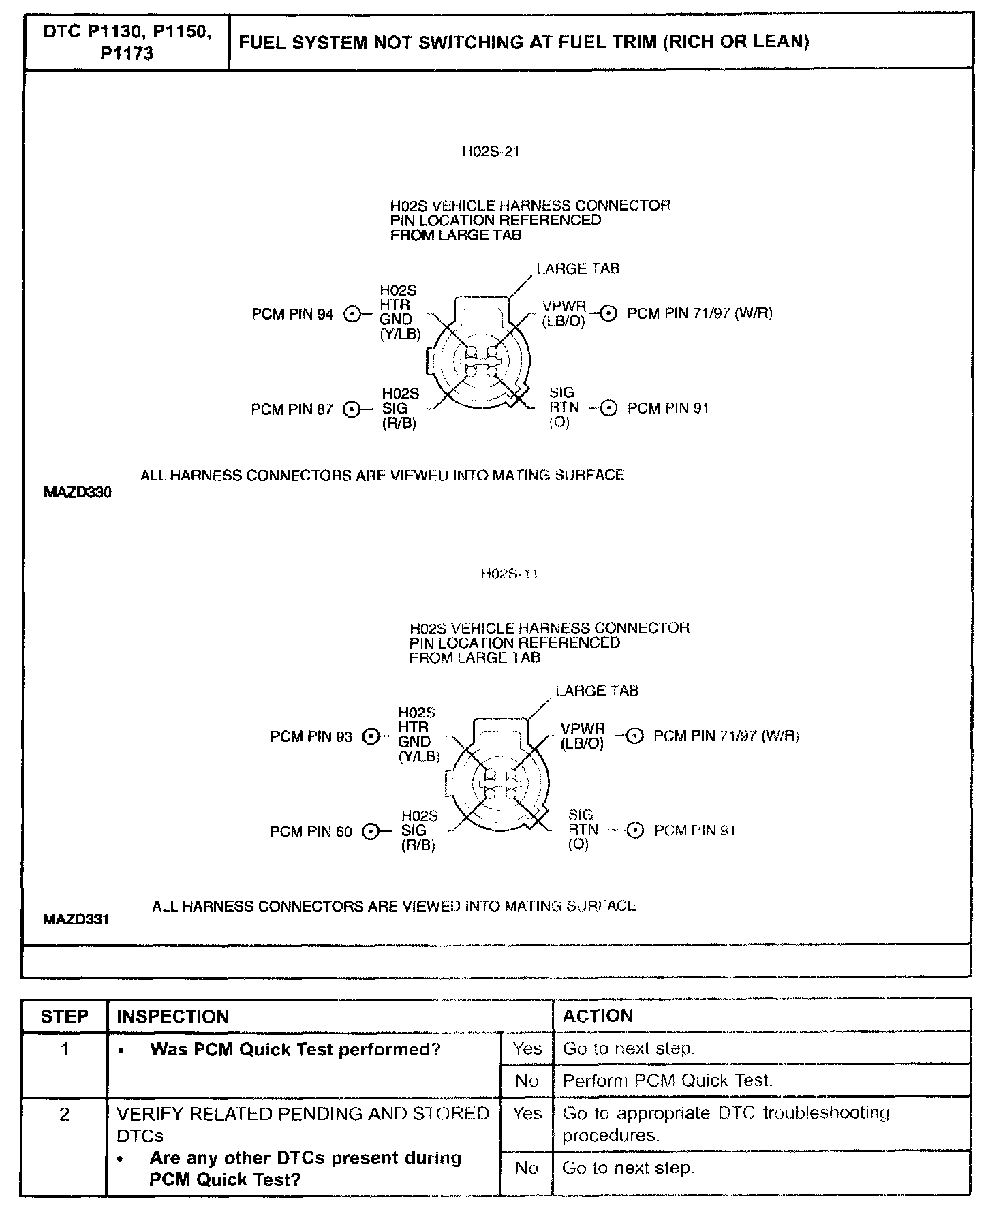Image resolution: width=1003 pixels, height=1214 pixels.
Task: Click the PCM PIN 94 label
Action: [292, 314]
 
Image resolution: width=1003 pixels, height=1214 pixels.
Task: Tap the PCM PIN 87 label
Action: [292, 409]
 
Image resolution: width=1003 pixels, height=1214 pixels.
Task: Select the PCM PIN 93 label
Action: [311, 736]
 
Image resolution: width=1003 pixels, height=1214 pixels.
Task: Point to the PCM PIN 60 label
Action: [311, 832]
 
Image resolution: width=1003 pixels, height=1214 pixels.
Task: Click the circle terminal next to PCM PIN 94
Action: [352, 314]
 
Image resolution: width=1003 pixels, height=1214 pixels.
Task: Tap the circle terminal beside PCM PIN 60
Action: [371, 832]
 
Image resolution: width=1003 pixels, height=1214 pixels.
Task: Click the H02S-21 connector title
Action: [491, 152]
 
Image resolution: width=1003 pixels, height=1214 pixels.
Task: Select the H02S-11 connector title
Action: [509, 574]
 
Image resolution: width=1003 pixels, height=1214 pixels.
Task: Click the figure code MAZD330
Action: [77, 492]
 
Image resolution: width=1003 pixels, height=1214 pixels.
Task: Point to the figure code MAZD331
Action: [76, 920]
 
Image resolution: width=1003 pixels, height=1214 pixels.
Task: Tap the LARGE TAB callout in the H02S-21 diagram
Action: [578, 268]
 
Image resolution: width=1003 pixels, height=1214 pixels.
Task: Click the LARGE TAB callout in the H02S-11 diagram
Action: [598, 691]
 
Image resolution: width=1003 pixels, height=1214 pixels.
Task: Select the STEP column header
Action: [65, 1016]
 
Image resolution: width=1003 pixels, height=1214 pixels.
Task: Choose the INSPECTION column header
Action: [173, 1016]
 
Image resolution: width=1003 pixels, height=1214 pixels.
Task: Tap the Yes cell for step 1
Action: [527, 1048]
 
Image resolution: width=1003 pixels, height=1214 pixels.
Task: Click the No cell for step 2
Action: [527, 1168]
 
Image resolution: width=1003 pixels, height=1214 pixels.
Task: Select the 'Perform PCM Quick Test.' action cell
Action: [668, 1080]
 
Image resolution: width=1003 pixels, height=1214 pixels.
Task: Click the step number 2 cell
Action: [65, 1115]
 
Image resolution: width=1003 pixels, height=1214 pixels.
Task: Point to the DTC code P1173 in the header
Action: [127, 53]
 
